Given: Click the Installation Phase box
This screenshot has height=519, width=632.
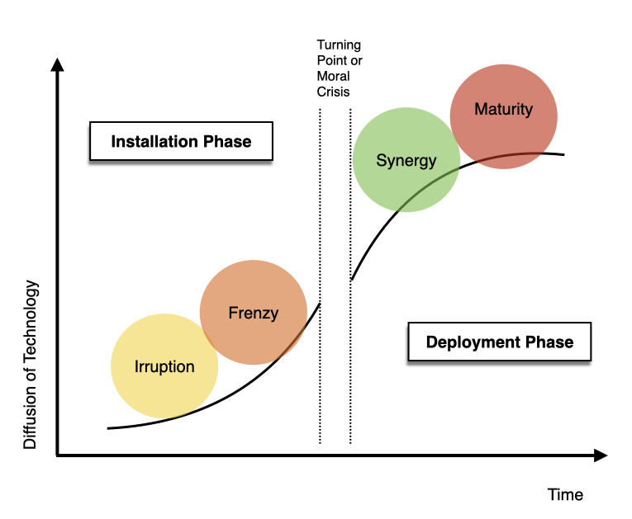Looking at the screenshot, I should pos(181,141).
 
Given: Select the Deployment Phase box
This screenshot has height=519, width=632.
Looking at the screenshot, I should pos(500,342).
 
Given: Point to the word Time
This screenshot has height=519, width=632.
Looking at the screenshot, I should pos(565,495).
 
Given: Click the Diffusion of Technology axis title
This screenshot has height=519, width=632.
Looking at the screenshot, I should pos(31,365).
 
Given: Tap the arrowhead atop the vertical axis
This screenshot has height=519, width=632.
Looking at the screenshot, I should pos(57,66).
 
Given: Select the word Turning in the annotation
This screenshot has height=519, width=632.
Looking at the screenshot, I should pos(339,45).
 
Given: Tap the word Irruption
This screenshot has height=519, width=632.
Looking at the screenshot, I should pos(164,366).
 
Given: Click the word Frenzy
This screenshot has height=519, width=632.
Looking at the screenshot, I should pos(253,313).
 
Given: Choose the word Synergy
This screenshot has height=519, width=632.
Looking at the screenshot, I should pos(406,160).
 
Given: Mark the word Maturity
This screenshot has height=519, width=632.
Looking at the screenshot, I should pos(504,109).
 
